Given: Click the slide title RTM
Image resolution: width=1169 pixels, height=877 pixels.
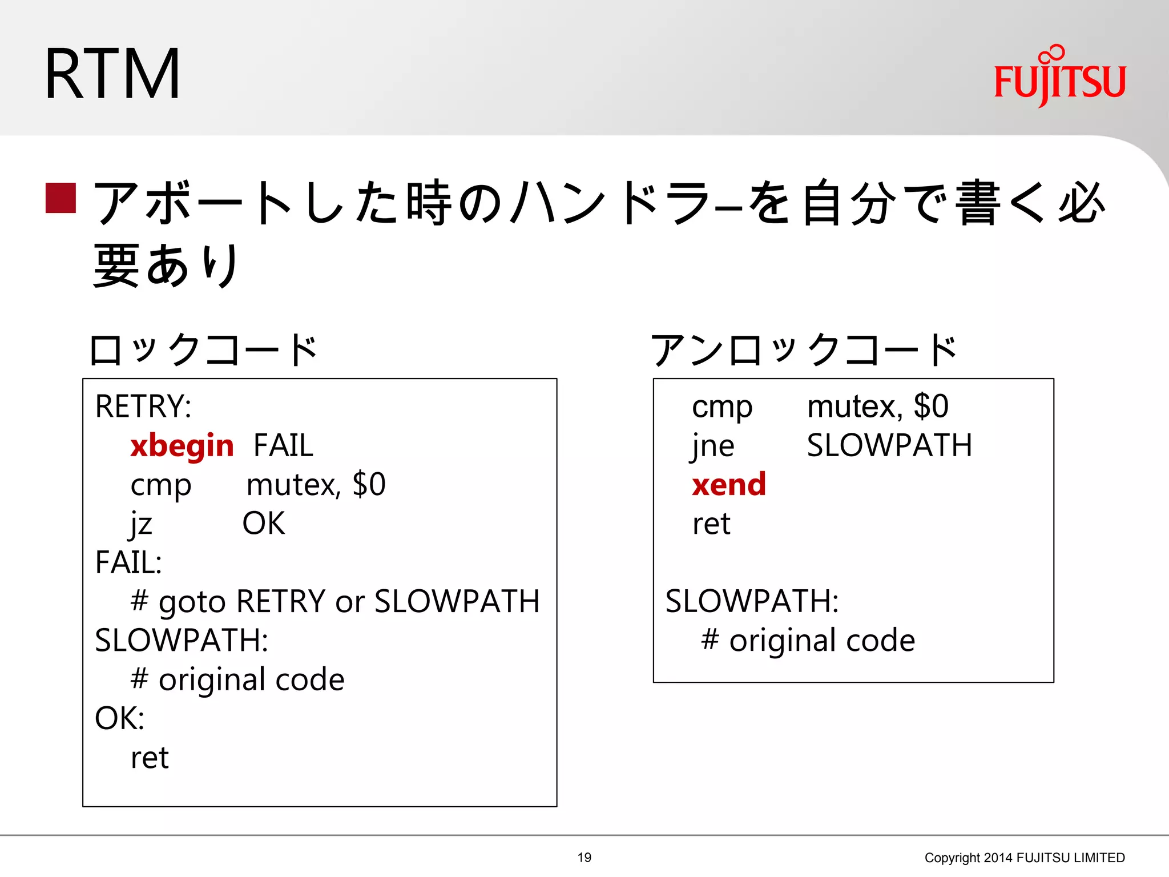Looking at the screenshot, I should (112, 75).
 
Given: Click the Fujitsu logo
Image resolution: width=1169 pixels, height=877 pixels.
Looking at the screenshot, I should (1059, 77).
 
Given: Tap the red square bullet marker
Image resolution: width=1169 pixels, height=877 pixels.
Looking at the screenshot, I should (61, 198).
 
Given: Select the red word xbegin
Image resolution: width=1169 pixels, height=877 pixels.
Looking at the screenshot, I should (182, 446).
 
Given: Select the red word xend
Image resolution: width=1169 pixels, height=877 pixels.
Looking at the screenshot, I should (728, 485).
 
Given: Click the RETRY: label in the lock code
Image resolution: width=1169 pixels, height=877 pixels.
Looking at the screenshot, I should (143, 407).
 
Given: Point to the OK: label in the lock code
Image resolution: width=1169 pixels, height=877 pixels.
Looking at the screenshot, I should (119, 718).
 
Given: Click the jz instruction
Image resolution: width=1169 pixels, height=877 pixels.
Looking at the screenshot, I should (141, 524).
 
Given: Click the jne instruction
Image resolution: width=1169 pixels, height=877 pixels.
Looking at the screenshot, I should (712, 446).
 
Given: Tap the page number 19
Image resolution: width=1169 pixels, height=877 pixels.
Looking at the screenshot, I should (584, 858).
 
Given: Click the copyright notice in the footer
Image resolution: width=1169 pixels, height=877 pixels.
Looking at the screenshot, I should (1024, 858).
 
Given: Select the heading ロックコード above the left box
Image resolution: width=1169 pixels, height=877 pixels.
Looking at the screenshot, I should (204, 350).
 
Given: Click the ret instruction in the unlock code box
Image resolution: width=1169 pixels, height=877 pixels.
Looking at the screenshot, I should (711, 524).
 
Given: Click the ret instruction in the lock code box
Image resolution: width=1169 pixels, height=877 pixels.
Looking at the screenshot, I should (150, 758).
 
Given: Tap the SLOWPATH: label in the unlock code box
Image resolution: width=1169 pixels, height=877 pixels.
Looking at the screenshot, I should (752, 602).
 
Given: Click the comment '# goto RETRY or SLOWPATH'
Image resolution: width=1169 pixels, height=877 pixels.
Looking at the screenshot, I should (334, 602).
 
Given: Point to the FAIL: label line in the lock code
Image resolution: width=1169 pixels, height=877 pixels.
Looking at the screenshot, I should (128, 563).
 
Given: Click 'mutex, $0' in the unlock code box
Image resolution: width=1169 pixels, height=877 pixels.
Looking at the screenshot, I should (877, 407).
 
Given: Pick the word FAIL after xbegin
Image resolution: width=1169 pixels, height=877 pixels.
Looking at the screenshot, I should (283, 446).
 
